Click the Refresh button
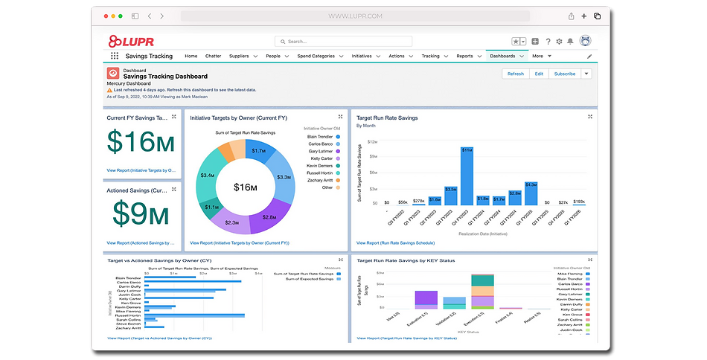tap(516, 74)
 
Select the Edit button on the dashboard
tap(539, 74)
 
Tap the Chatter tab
tap(213, 56)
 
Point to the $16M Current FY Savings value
tap(141, 142)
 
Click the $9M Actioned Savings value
tap(141, 213)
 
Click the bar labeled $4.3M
tap(531, 193)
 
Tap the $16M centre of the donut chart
tap(245, 187)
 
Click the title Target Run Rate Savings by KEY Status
tap(406, 260)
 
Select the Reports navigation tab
tap(464, 56)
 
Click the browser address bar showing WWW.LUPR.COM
tap(356, 16)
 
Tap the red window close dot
tap(105, 16)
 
